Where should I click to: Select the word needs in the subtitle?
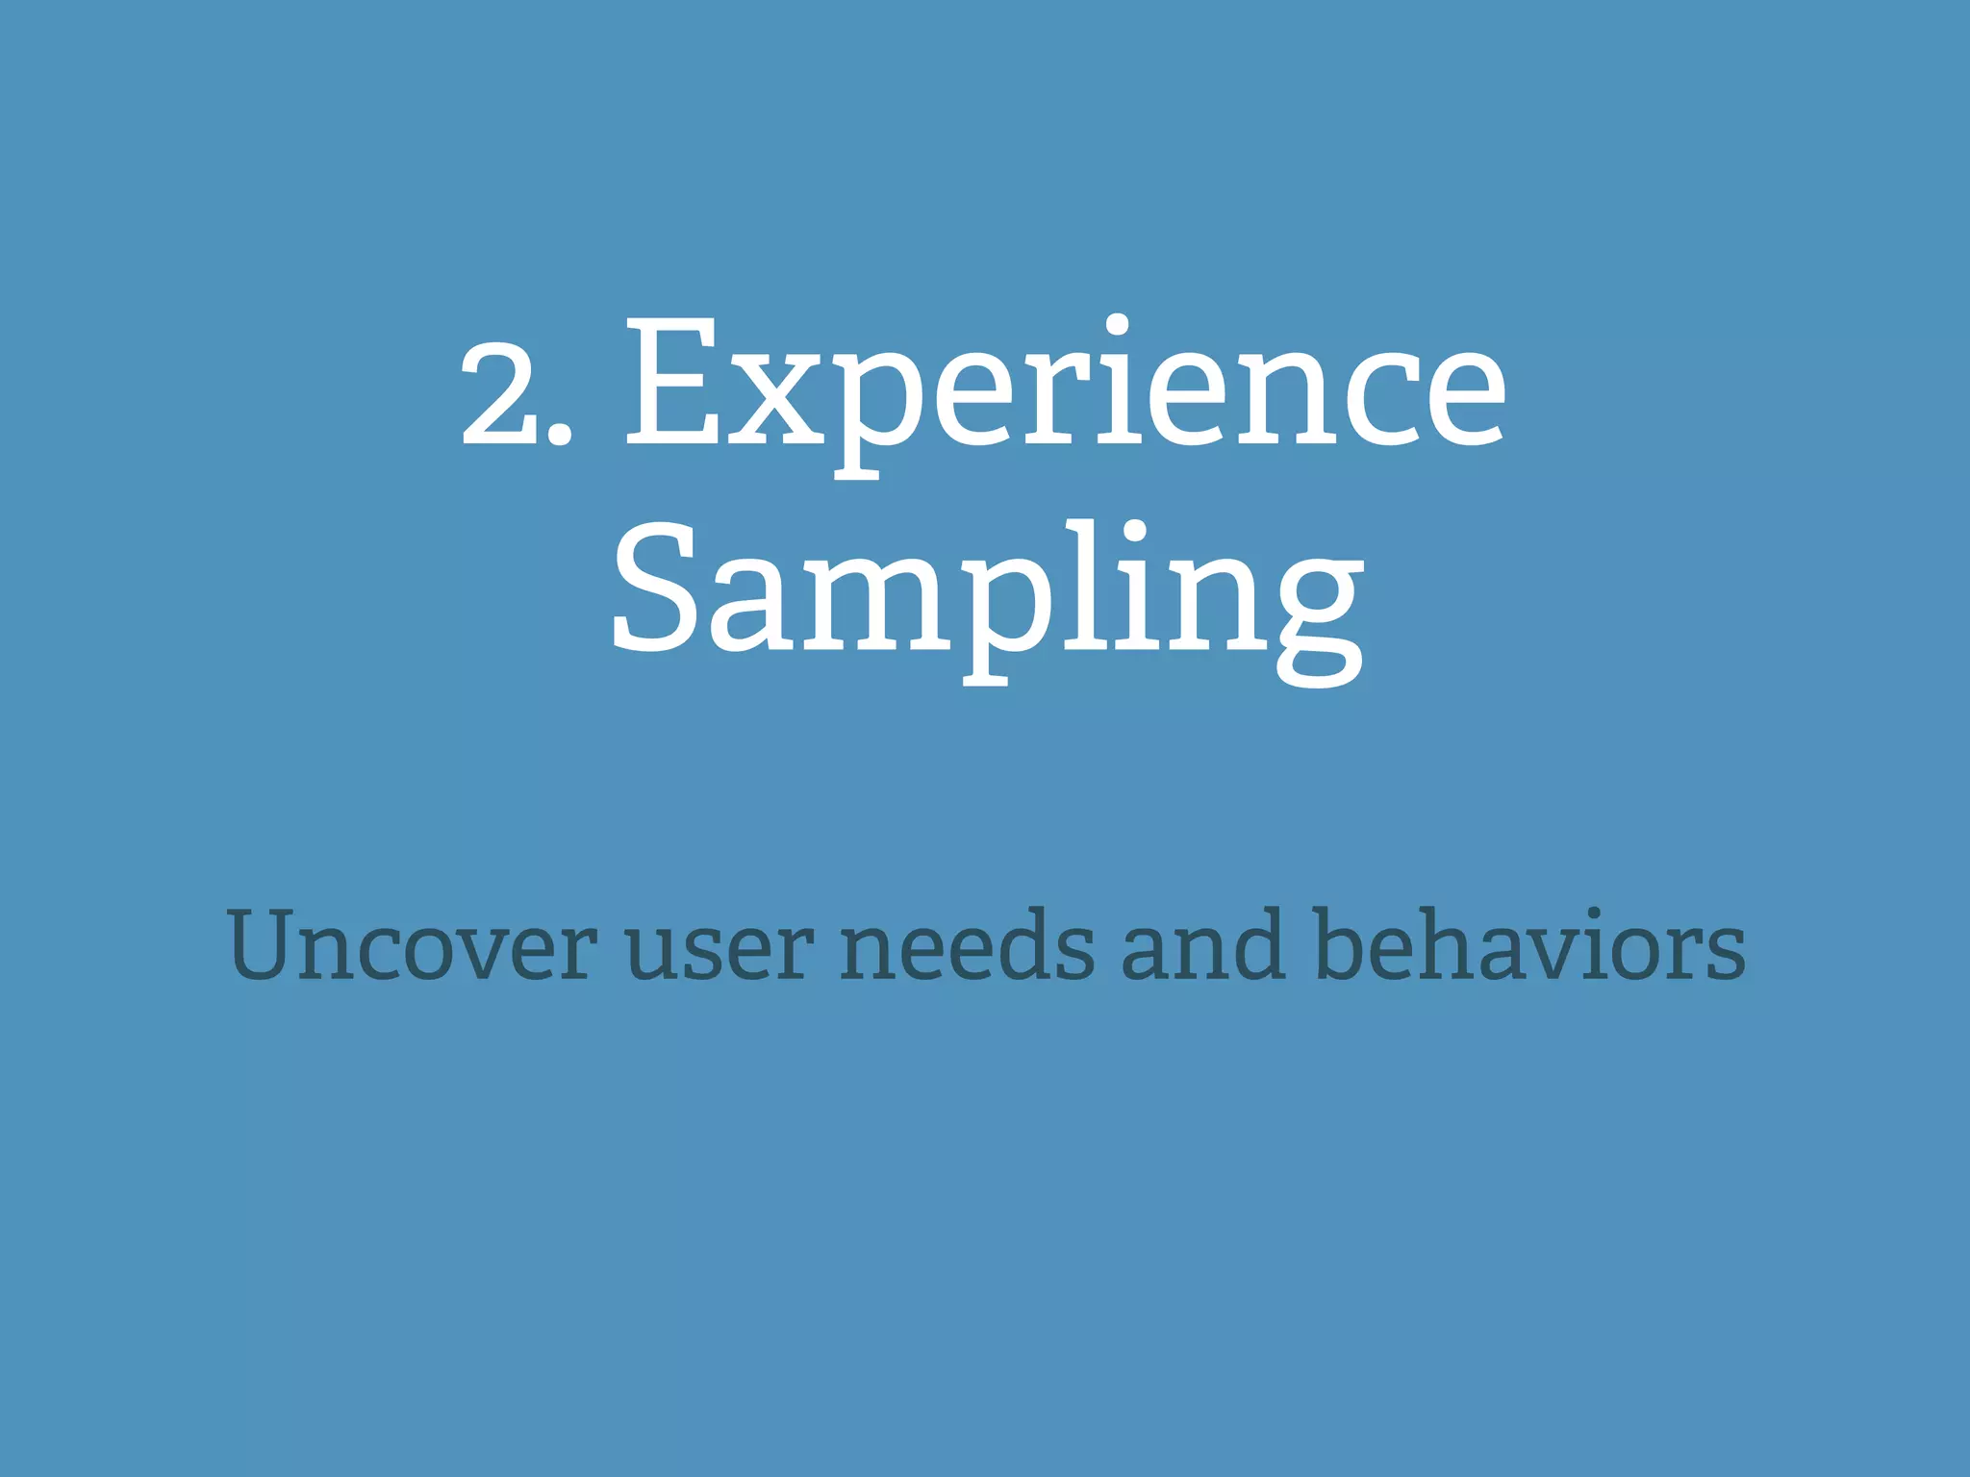click(967, 947)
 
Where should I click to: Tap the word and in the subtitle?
click(1203, 947)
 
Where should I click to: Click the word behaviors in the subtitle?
click(1529, 947)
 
